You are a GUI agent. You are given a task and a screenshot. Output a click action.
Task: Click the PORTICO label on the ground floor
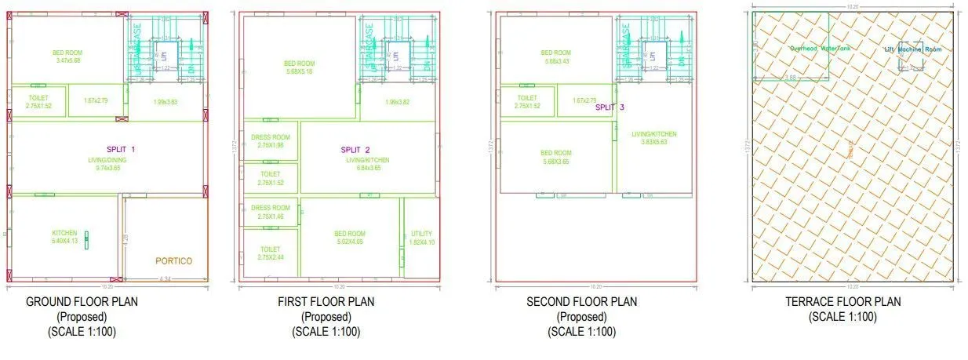tap(173, 260)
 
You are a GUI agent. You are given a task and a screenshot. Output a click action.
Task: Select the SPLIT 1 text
tap(122, 149)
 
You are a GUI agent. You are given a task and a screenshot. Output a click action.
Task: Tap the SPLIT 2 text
tap(355, 150)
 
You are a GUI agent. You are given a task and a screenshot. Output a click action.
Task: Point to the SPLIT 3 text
tap(610, 107)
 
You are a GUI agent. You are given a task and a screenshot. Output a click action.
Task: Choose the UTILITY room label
tap(421, 238)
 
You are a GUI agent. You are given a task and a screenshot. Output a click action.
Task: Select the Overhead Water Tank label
tap(819, 49)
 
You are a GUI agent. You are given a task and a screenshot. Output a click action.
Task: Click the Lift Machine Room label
tap(912, 49)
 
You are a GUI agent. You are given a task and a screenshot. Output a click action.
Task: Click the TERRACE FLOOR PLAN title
tap(842, 302)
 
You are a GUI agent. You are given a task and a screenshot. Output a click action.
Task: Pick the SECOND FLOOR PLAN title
tap(581, 302)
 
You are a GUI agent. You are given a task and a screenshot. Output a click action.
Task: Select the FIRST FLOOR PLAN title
tap(326, 302)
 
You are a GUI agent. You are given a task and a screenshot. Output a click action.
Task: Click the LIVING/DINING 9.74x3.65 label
tap(107, 163)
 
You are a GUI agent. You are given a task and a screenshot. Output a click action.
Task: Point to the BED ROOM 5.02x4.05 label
tap(350, 238)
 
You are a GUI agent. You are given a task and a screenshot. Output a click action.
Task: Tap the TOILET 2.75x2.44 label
tap(270, 253)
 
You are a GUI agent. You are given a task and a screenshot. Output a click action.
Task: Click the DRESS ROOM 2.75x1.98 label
tap(270, 141)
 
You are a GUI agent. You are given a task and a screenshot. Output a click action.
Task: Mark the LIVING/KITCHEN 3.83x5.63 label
tap(653, 138)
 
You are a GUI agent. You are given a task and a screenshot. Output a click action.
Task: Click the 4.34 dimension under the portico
tap(165, 279)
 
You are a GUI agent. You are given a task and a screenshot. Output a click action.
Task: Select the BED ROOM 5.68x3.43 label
tap(555, 56)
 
